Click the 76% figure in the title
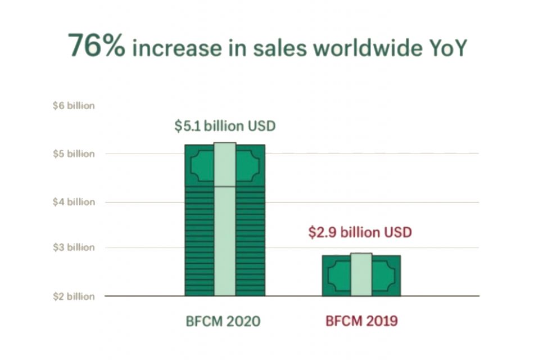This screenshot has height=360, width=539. [96, 46]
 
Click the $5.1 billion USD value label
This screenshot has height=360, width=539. [225, 125]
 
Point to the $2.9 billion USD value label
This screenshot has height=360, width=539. [360, 232]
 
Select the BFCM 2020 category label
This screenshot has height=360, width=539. [223, 322]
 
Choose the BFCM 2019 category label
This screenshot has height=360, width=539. [361, 322]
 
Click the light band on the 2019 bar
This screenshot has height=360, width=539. [361, 274]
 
